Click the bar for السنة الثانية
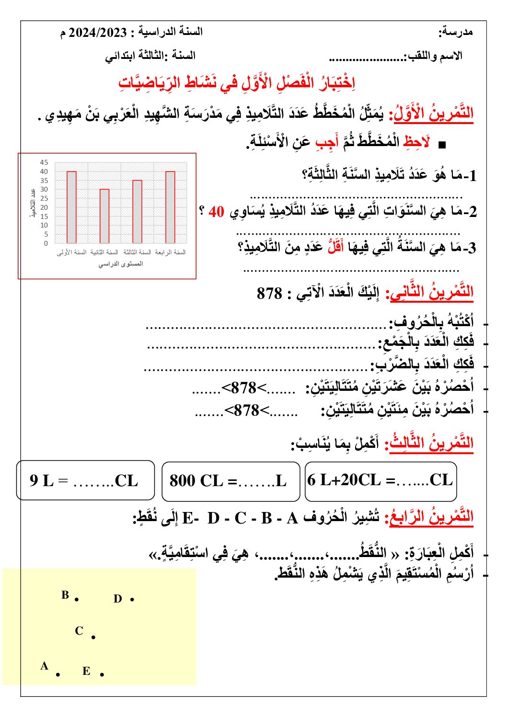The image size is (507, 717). click(104, 216)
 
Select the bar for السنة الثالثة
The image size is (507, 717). click(137, 211)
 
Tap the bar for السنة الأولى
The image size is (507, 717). click(71, 207)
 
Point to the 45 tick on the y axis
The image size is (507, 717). click(44, 162)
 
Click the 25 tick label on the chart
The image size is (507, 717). click(44, 198)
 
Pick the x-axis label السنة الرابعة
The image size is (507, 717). click(170, 252)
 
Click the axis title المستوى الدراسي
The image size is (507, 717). click(121, 264)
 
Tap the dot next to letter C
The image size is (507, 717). click(93, 637)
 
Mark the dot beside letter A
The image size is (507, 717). click(58, 674)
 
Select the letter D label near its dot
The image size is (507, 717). click(118, 599)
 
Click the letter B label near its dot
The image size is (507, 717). click(65, 595)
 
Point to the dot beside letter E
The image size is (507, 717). click(102, 674)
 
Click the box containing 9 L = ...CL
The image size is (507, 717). click(85, 480)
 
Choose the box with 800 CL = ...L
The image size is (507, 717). click(230, 481)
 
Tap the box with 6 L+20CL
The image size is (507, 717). click(380, 481)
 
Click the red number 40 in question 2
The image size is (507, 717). click(216, 211)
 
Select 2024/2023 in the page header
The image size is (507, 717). click(98, 33)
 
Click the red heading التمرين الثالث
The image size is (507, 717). click(431, 443)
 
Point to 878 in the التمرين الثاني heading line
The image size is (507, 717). click(269, 293)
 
